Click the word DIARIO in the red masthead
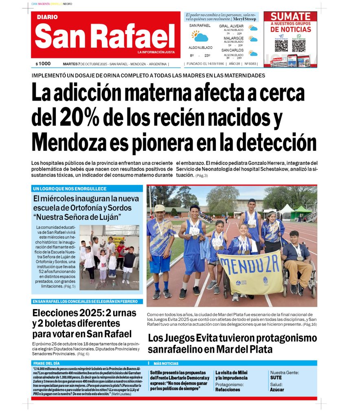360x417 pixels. [x=47, y=17]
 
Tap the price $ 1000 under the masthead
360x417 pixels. [x=43, y=64]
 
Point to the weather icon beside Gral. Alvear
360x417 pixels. [x=253, y=29]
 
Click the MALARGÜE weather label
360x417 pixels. [x=233, y=38]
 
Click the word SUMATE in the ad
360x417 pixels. [x=290, y=17]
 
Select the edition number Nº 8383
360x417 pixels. [x=250, y=64]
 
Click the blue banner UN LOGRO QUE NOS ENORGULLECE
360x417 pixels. [x=70, y=189]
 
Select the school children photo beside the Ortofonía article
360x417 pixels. [x=109, y=257]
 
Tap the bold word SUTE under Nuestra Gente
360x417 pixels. [x=276, y=377]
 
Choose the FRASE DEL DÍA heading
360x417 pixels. [x=46, y=363]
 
